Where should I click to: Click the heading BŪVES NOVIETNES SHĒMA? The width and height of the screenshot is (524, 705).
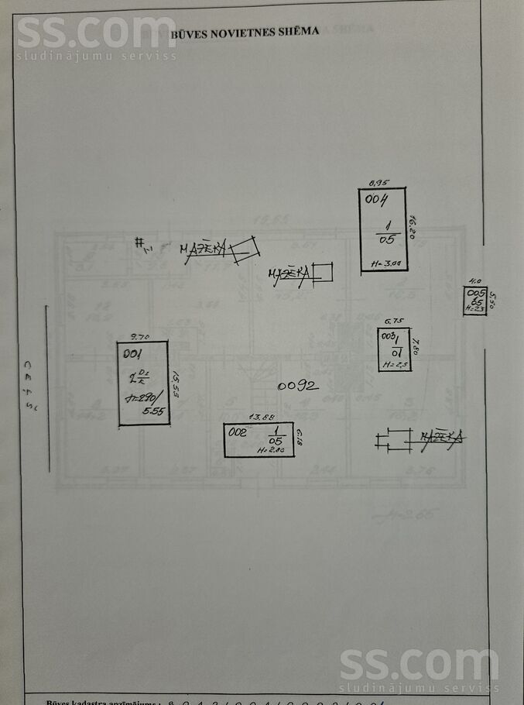245,32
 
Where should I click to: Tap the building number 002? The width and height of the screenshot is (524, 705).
236,432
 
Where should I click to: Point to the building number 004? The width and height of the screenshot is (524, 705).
377,200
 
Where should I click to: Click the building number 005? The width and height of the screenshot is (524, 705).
475,294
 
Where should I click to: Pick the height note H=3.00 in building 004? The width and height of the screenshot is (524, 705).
385,263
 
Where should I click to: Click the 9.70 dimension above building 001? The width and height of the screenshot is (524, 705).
139,336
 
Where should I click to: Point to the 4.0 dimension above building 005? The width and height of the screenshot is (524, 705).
476,281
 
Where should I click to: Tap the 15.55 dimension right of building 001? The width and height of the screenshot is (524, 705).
176,383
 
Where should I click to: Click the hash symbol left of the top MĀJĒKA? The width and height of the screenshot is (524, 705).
142,245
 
